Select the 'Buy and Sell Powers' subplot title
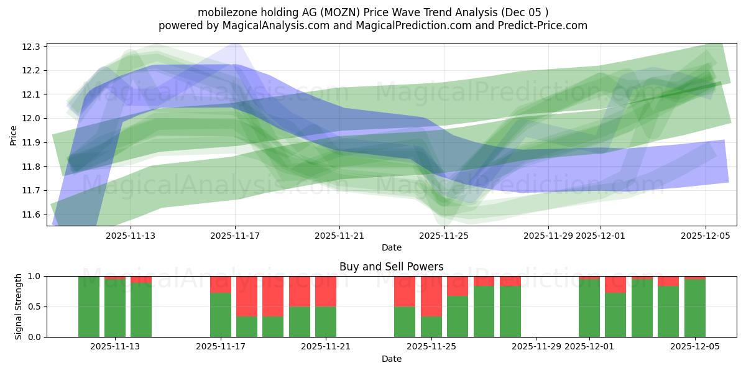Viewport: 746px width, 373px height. [391, 267]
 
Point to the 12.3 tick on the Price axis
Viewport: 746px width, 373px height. [32, 47]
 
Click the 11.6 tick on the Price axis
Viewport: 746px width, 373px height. [32, 214]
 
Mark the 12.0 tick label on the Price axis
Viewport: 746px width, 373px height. [32, 119]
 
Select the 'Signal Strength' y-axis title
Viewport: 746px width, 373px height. [19, 306]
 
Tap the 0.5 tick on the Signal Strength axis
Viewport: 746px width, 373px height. [34, 306]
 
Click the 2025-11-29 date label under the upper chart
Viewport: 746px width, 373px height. [548, 236]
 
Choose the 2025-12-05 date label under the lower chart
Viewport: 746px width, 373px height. [695, 347]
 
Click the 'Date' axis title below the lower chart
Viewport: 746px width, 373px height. [391, 359]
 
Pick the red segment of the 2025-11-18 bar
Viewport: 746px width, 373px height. [247, 296]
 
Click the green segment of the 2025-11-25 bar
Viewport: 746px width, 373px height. [431, 326]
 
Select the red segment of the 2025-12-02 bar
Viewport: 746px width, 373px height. [615, 285]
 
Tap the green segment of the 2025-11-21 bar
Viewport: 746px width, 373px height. [326, 321]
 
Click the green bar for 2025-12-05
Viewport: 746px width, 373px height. [694, 308]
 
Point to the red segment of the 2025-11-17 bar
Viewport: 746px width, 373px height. [221, 284]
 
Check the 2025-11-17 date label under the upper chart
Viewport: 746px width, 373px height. [235, 236]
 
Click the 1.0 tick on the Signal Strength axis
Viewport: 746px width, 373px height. [34, 276]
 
